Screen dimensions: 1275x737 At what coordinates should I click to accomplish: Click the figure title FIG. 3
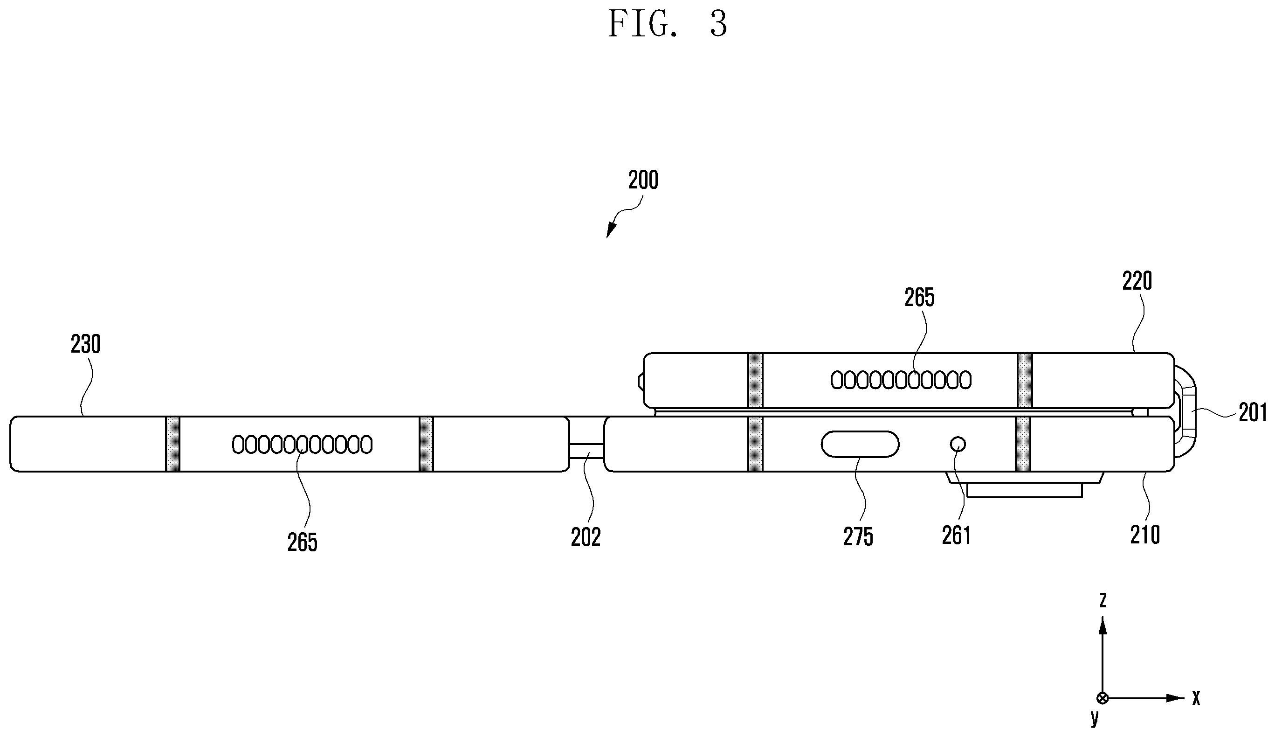tap(668, 24)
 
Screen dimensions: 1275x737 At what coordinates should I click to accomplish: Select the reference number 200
tap(643, 180)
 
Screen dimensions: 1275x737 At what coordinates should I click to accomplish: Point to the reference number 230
tap(85, 345)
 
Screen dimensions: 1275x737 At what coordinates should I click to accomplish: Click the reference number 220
tap(1137, 281)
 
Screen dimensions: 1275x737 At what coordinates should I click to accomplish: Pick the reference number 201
tap(1252, 413)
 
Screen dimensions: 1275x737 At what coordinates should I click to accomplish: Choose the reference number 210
tap(1145, 535)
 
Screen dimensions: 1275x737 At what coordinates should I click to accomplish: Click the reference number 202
tap(586, 537)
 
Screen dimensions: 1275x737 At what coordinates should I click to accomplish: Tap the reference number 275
tap(858, 537)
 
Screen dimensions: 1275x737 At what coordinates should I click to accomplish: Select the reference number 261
tap(957, 536)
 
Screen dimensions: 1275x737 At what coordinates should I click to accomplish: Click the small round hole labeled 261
tap(958, 445)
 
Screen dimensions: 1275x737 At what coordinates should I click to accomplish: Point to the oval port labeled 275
tap(860, 445)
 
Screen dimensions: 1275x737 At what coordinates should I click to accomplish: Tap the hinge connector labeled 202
tap(586, 445)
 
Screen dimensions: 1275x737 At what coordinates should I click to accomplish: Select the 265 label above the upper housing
tap(919, 298)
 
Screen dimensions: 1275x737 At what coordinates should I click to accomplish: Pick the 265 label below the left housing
tap(303, 542)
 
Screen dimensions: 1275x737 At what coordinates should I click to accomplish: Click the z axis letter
tap(1103, 600)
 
